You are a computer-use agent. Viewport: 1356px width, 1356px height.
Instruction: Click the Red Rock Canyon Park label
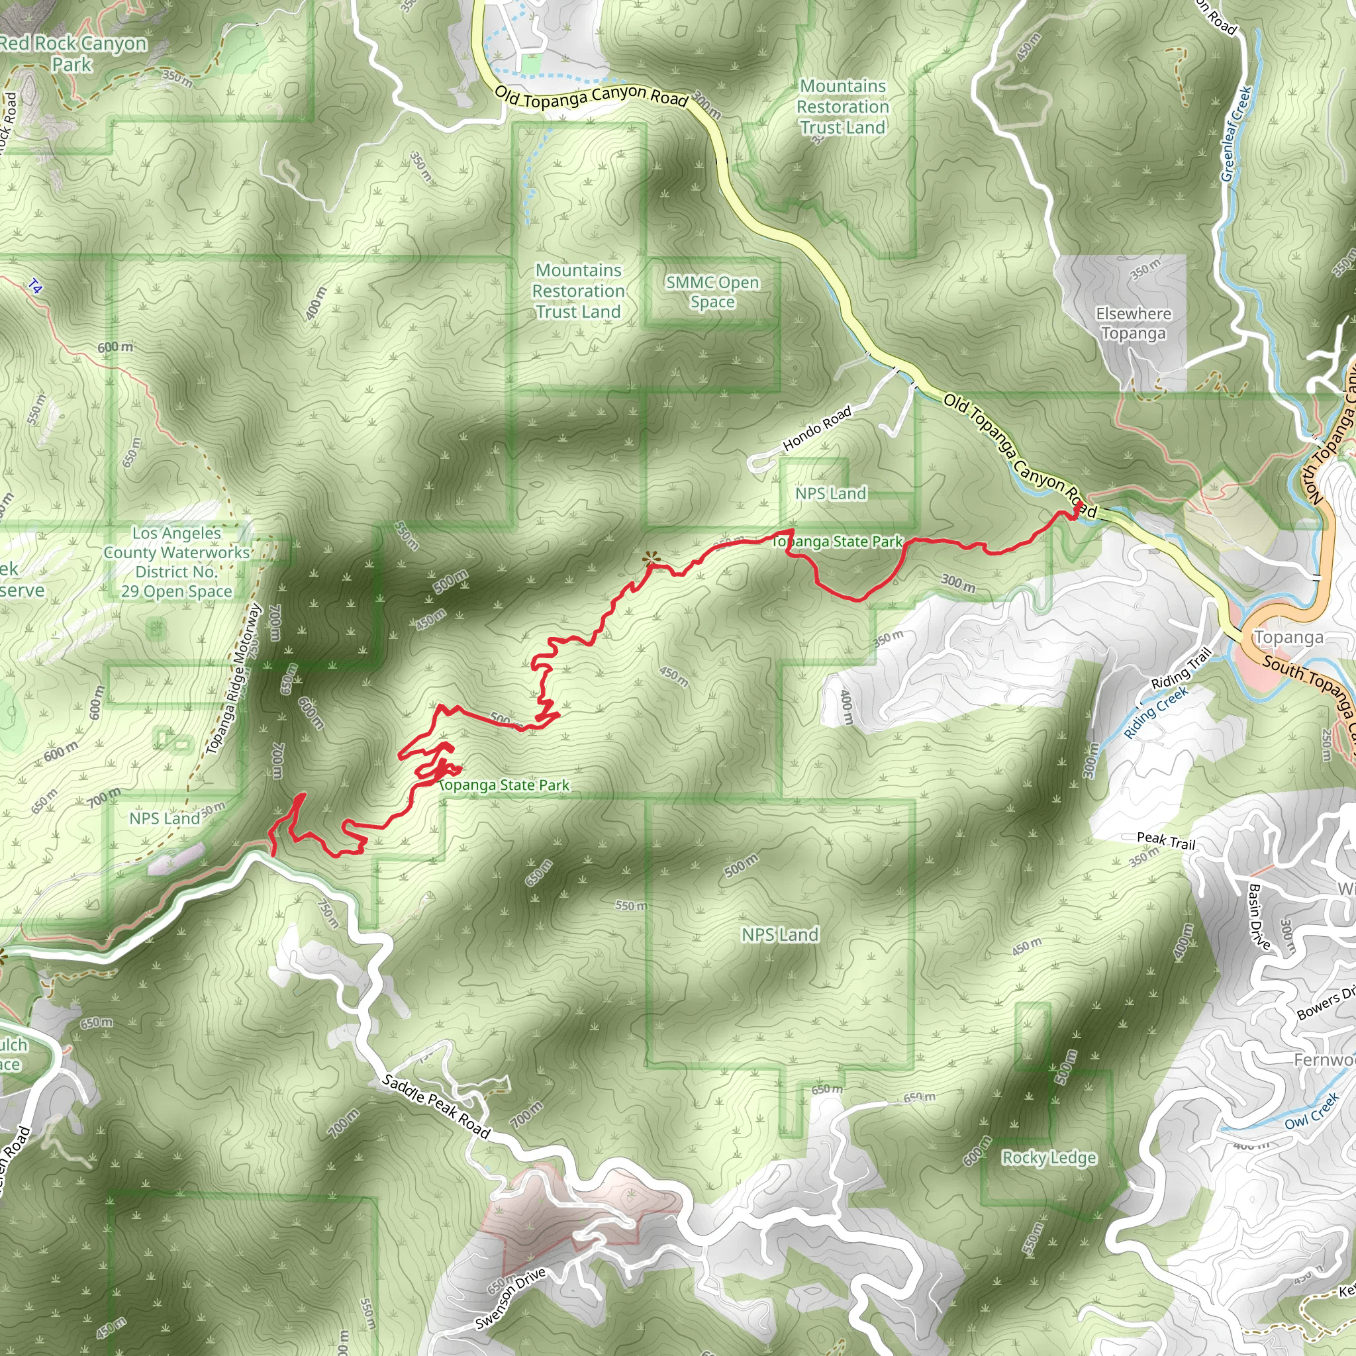pyautogui.click(x=72, y=54)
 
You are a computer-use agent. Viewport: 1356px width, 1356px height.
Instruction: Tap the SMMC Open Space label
pyautogui.click(x=712, y=292)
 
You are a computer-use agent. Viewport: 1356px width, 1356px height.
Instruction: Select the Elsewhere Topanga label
pyautogui.click(x=1134, y=324)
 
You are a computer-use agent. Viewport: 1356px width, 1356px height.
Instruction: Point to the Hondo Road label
pyautogui.click(x=817, y=428)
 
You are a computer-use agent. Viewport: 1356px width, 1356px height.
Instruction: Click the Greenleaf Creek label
pyautogui.click(x=1236, y=133)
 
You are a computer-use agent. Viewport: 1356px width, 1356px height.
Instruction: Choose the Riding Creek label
pyautogui.click(x=1156, y=712)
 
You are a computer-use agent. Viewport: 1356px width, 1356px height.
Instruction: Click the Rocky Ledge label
pyautogui.click(x=1049, y=1157)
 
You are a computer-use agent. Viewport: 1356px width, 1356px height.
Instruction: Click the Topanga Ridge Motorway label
pyautogui.click(x=234, y=679)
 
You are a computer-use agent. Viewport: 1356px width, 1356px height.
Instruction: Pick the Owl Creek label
pyautogui.click(x=1312, y=1111)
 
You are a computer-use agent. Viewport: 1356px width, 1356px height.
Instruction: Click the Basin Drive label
pyautogui.click(x=1259, y=916)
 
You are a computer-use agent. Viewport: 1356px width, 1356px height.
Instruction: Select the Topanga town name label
pyautogui.click(x=1288, y=638)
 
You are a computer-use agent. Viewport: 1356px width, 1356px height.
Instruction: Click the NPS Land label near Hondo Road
pyautogui.click(x=831, y=493)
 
